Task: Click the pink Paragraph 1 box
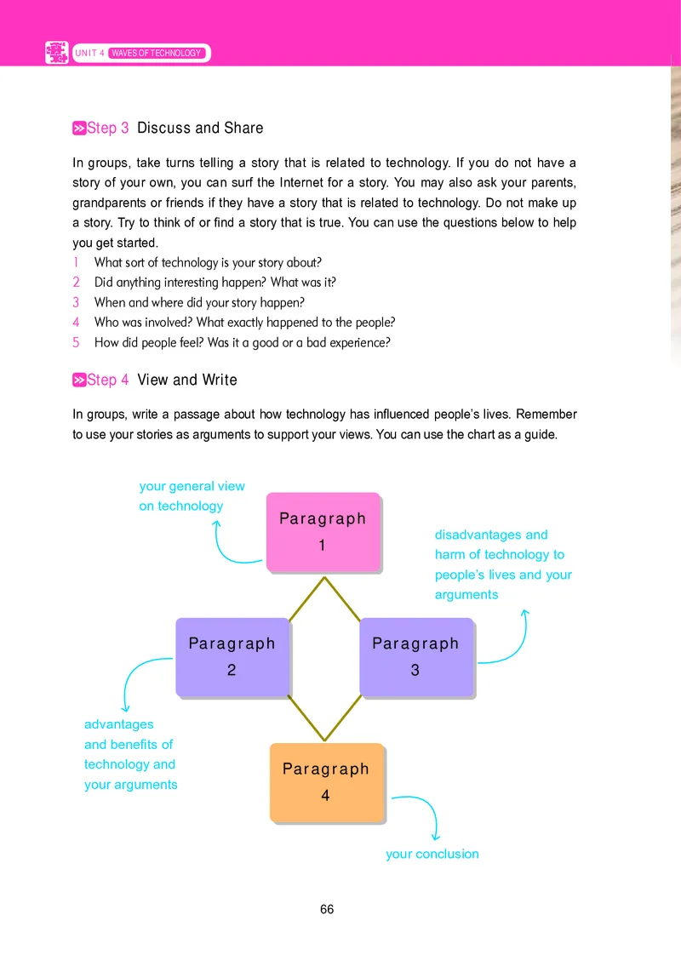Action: pyautogui.click(x=323, y=531)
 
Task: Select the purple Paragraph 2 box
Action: pyautogui.click(x=232, y=656)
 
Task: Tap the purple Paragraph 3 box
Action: pyautogui.click(x=415, y=656)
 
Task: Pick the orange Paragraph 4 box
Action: pyautogui.click(x=326, y=781)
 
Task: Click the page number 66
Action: pyautogui.click(x=327, y=909)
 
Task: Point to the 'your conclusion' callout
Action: pyautogui.click(x=432, y=854)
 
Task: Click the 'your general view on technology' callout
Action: pyautogui.click(x=192, y=496)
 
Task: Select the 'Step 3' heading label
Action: pyautogui.click(x=108, y=129)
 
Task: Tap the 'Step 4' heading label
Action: pyautogui.click(x=108, y=380)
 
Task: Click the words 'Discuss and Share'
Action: pyautogui.click(x=200, y=129)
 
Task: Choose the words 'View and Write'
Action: pyautogui.click(x=187, y=380)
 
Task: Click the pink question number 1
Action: pyautogui.click(x=76, y=263)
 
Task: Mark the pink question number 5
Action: pyautogui.click(x=76, y=343)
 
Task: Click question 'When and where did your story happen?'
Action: pyautogui.click(x=199, y=302)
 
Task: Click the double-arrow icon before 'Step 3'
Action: pyautogui.click(x=79, y=129)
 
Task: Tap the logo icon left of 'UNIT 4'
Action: pyautogui.click(x=56, y=53)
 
